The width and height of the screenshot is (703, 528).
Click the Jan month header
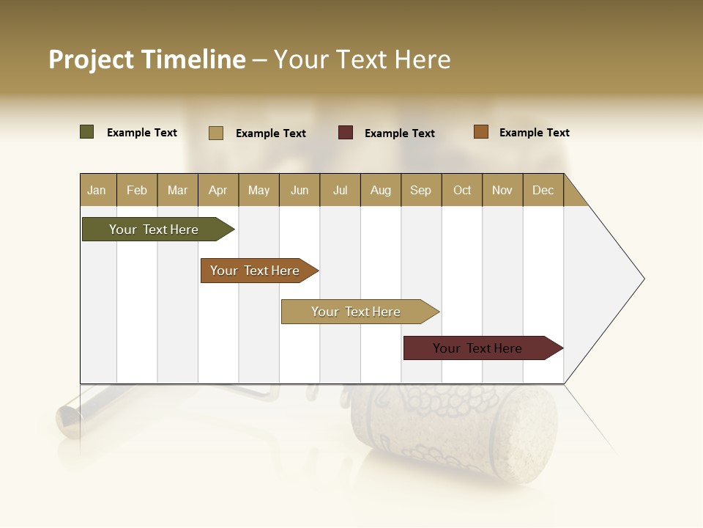click(97, 190)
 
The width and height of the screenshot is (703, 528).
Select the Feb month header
click(137, 190)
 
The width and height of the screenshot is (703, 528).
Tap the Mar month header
click(177, 190)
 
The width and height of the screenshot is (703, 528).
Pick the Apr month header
click(218, 190)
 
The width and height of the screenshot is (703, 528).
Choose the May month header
click(258, 190)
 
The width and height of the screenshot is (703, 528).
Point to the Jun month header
click(300, 190)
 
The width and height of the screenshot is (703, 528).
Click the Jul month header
click(340, 190)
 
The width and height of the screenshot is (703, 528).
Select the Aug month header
click(381, 190)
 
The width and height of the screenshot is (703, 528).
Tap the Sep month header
click(421, 190)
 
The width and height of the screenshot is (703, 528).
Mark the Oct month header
click(462, 190)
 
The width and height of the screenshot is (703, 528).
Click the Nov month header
click(502, 190)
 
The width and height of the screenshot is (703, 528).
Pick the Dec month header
click(543, 190)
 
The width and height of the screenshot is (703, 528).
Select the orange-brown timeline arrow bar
click(256, 271)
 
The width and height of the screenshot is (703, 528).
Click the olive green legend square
click(87, 132)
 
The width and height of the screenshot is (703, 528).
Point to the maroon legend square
click(346, 133)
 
